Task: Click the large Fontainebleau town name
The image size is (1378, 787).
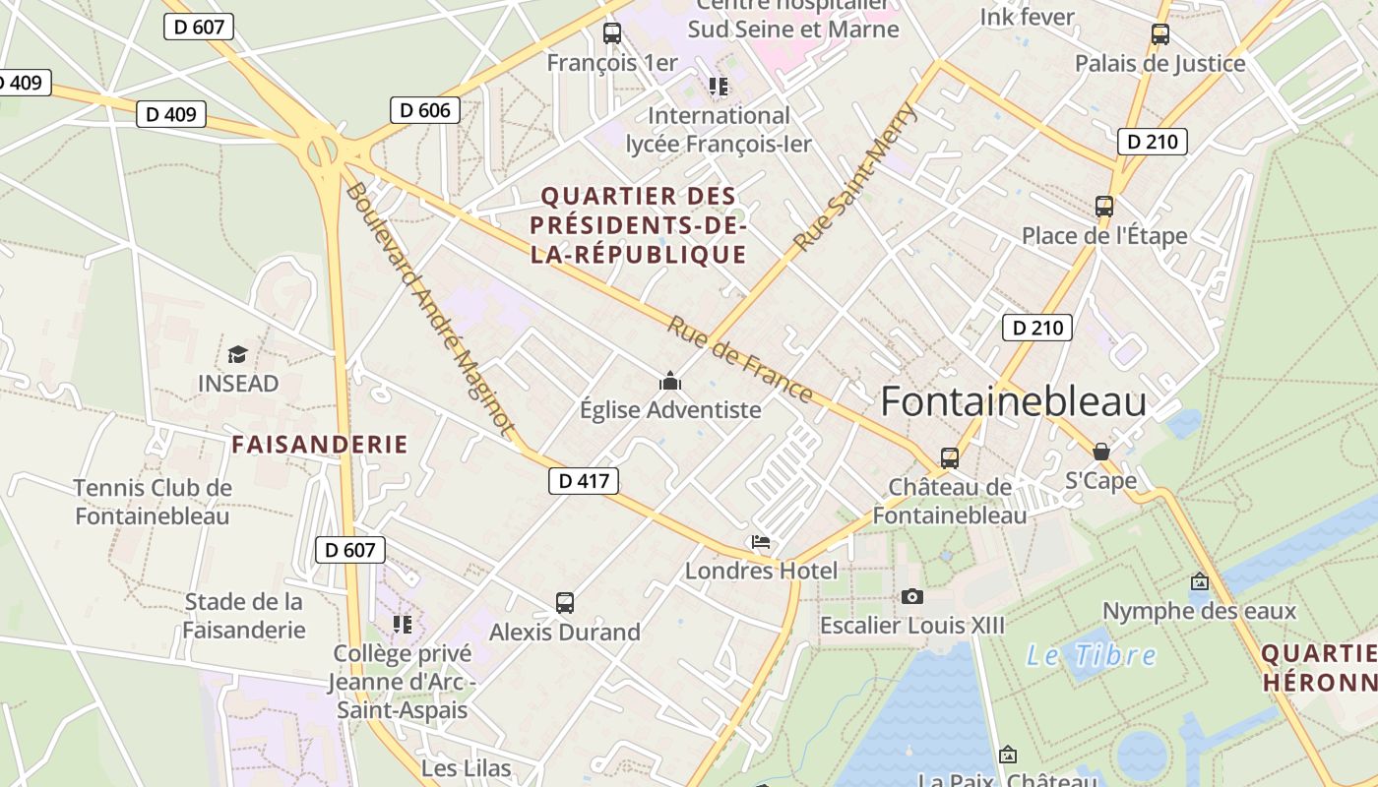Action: (1013, 402)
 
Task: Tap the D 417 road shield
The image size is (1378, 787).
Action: (584, 480)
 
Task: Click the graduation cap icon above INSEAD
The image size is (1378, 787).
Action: (237, 354)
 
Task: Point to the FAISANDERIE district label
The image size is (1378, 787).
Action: (320, 445)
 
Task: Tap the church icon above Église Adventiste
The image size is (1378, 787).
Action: (670, 381)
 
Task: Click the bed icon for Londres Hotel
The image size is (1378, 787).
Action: (761, 542)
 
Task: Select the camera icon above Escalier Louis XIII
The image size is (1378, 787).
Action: (912, 596)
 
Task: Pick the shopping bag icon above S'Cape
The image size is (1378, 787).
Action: (1101, 452)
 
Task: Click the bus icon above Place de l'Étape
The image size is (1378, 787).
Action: (1104, 207)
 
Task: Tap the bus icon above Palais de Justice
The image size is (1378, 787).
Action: (1160, 34)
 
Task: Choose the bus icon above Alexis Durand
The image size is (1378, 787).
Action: (565, 602)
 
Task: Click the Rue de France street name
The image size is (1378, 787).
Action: (740, 359)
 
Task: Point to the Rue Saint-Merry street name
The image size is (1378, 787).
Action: (855, 177)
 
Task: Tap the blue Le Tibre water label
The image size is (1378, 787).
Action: (1092, 655)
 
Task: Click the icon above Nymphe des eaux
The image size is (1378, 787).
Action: (1199, 581)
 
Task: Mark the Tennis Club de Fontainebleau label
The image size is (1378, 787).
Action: (153, 502)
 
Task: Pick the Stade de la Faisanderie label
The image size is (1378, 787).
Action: (244, 616)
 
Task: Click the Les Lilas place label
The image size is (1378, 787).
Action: (467, 768)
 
